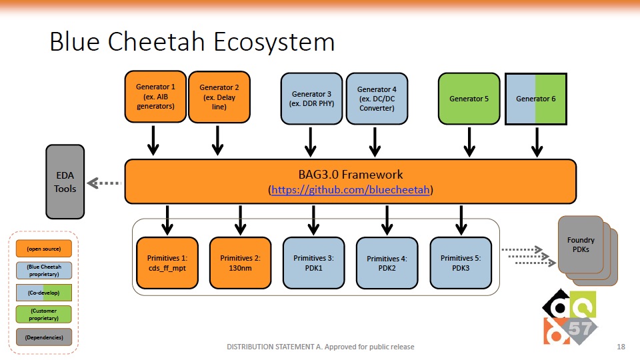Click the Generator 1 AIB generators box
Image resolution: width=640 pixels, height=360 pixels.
[x=155, y=97]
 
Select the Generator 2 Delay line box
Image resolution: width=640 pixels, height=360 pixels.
[x=219, y=97]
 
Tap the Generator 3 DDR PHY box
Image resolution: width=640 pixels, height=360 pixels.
[x=311, y=99]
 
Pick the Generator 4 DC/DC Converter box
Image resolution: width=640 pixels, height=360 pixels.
[x=377, y=99]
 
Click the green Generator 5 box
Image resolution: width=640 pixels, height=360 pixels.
[x=469, y=99]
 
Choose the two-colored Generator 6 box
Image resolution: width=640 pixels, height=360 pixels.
[x=536, y=99]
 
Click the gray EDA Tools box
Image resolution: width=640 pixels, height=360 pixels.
[x=65, y=181]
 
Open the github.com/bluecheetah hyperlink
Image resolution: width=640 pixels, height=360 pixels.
[x=350, y=190]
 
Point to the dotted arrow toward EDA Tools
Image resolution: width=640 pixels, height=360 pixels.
[x=104, y=183]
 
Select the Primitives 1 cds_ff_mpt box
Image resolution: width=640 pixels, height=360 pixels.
[x=167, y=263]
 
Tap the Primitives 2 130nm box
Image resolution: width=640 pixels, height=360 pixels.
[x=241, y=263]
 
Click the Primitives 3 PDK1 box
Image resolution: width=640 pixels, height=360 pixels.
[x=313, y=263]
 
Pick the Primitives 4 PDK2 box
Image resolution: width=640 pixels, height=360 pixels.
[x=387, y=263]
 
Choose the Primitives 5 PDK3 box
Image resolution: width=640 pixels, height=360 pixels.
[x=461, y=263]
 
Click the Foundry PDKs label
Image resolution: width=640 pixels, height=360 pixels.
[x=581, y=245]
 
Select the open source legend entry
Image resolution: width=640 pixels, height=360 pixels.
[x=44, y=249]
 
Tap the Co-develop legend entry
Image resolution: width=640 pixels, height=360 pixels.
[x=44, y=293]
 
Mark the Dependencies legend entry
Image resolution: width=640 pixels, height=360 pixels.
[x=44, y=337]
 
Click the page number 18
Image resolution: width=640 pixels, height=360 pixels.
[x=621, y=347]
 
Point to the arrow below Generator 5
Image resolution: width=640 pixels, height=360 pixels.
[x=469, y=141]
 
